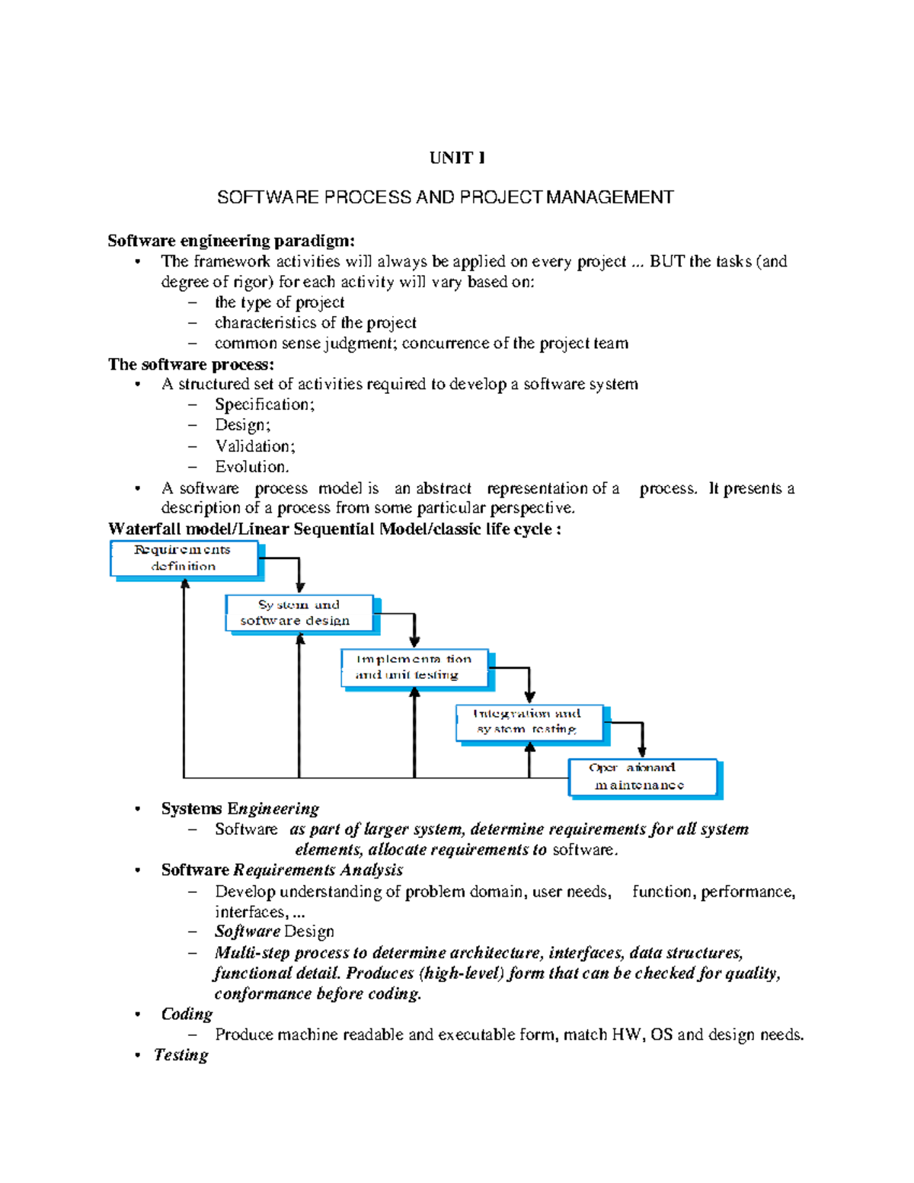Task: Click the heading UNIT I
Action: coord(457,158)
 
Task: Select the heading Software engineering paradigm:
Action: coord(231,241)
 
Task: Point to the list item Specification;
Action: coord(264,404)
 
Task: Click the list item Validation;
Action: coord(254,446)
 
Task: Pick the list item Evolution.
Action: coord(251,466)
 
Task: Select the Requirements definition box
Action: coord(184,558)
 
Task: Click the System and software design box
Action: coord(299,613)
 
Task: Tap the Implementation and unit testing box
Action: coord(414,667)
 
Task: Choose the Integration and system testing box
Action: coord(529,721)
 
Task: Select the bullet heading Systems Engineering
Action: coord(240,808)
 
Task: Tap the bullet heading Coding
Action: coord(187,1014)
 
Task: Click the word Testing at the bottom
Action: coord(181,1055)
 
